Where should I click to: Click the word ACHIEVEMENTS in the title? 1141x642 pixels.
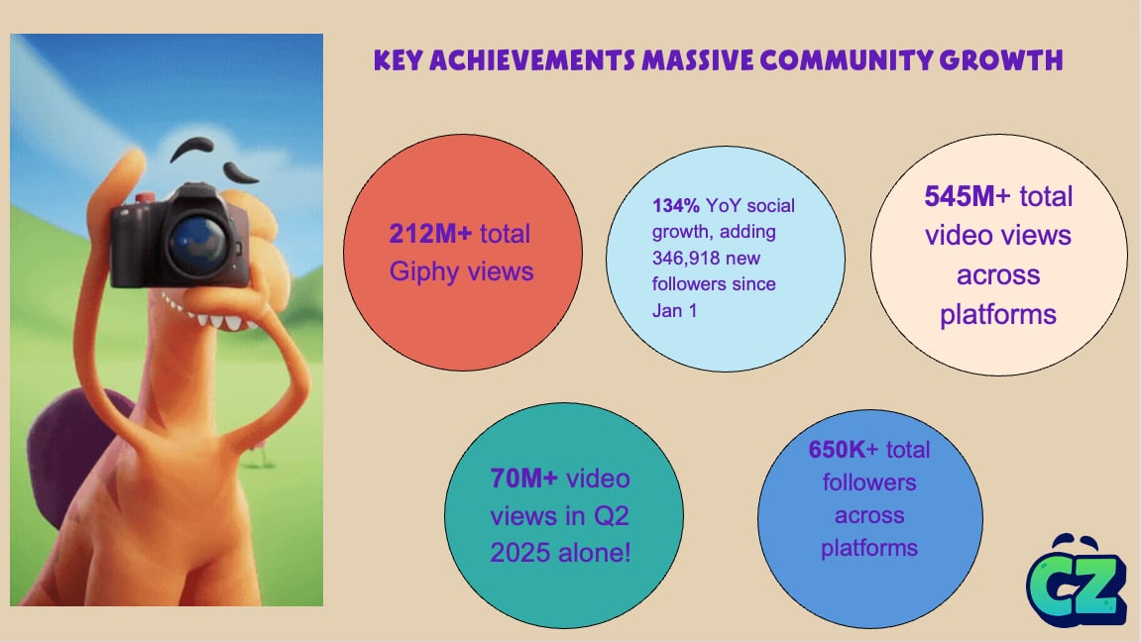click(x=532, y=60)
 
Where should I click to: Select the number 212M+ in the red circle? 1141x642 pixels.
click(x=431, y=234)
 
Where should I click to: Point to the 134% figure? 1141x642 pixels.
click(x=675, y=206)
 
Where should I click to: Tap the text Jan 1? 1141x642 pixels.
click(x=674, y=310)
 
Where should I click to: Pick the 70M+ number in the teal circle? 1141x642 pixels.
click(x=524, y=479)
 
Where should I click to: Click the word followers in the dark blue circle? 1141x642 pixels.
click(x=869, y=482)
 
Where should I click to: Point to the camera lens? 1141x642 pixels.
click(x=198, y=243)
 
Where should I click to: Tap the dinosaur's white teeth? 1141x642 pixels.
click(x=206, y=314)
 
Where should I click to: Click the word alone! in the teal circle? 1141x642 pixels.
click(x=598, y=553)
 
